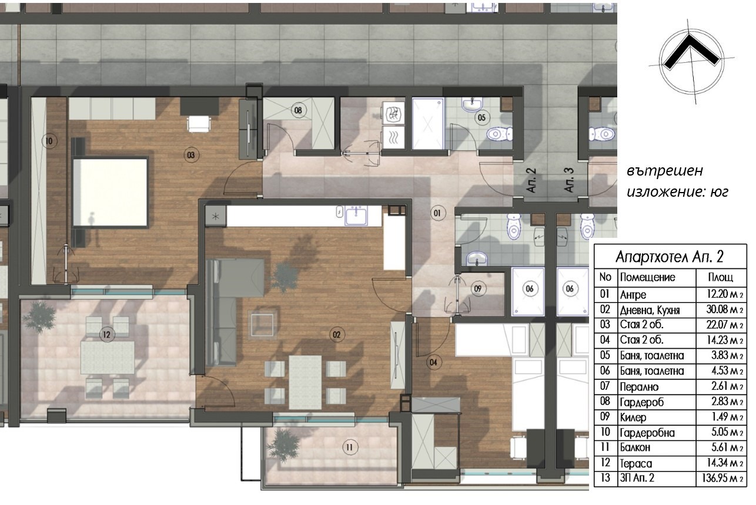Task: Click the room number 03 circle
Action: click(191, 155)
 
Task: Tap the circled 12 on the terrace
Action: click(106, 335)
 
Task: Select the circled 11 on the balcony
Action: click(349, 447)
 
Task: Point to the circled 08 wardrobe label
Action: click(298, 110)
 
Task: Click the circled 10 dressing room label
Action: click(49, 141)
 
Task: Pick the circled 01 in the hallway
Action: click(437, 213)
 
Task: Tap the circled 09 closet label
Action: click(477, 288)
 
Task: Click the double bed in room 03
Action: click(111, 192)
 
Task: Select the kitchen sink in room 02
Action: click(356, 216)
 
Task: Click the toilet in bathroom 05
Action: click(500, 134)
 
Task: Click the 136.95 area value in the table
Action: click(722, 477)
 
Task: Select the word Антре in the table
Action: click(633, 295)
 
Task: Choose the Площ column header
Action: click(721, 277)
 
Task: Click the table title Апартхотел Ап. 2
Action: click(670, 257)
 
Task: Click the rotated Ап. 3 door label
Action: click(569, 180)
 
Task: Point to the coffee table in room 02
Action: click(262, 325)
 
